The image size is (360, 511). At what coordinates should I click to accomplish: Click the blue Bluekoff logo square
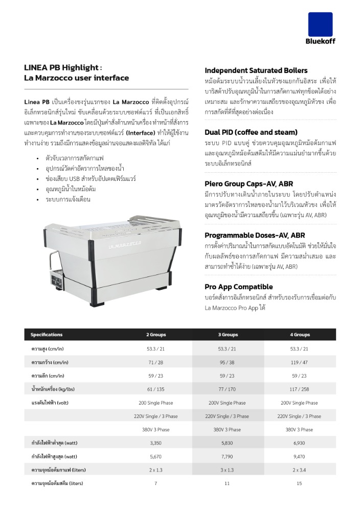point(320,24)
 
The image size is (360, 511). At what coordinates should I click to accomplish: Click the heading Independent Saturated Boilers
point(256,71)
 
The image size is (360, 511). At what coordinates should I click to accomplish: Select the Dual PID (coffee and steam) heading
point(251,132)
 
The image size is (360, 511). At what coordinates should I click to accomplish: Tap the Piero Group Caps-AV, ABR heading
point(249,183)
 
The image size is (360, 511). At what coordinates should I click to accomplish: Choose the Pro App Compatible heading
point(238,287)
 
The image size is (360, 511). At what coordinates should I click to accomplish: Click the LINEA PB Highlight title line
point(63,67)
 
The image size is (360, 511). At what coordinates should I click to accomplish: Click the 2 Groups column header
point(156,335)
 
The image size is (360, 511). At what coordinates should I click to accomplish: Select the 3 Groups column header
point(228,335)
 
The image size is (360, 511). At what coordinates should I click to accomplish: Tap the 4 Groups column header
point(300,335)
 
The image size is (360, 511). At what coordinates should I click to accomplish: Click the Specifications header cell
point(47,335)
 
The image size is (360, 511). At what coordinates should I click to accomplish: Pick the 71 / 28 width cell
point(156,362)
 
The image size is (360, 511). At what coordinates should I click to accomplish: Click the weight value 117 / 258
point(300,389)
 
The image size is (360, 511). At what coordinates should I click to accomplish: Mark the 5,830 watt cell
point(228,443)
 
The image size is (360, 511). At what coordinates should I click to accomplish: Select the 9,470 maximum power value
point(300,456)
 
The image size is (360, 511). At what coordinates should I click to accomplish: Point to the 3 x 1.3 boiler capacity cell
point(228,470)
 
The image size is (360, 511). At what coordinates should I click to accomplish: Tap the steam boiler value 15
point(300,483)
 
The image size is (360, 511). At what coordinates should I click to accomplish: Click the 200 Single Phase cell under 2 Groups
point(156,403)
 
